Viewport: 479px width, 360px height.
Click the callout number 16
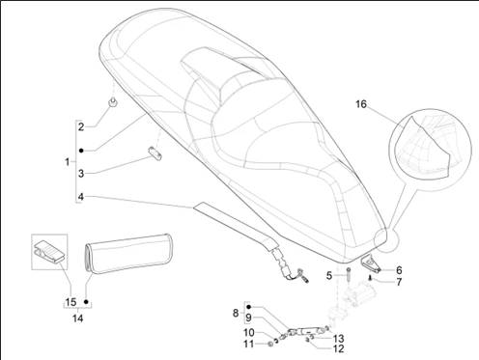361,104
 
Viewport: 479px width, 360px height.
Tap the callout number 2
81,126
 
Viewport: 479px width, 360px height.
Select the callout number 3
81,174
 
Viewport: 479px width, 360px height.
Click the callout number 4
81,196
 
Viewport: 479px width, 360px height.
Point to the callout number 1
68,162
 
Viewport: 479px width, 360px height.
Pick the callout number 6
399,270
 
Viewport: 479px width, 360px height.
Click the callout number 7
399,282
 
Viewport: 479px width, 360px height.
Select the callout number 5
329,276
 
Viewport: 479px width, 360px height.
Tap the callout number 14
77,318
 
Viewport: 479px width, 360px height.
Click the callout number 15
70,302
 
